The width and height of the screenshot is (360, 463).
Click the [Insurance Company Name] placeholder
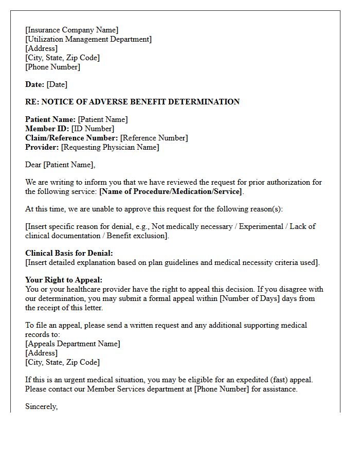pyautogui.click(x=71, y=30)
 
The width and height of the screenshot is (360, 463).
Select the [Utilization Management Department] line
pyautogui.click(x=88, y=39)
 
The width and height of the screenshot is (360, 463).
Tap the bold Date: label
pyautogui.click(x=34, y=84)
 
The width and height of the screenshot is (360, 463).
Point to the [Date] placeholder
pyautogui.click(x=57, y=84)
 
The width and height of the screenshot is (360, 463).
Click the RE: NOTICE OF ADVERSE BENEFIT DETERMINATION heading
pyautogui.click(x=132, y=102)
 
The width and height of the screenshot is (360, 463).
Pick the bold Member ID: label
pyautogui.click(x=47, y=129)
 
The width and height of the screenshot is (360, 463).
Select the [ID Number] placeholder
pyautogui.click(x=93, y=129)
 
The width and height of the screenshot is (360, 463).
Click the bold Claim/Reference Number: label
pyautogui.click(x=71, y=138)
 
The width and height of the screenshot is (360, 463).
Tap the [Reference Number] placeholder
pyautogui.click(x=154, y=138)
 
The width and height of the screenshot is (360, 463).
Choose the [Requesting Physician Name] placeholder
pyautogui.click(x=110, y=147)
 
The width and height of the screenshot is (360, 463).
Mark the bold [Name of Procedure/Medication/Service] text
pyautogui.click(x=170, y=191)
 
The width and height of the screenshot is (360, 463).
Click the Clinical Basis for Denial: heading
pyautogui.click(x=69, y=253)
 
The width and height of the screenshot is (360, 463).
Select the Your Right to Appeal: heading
pyautogui.click(x=64, y=280)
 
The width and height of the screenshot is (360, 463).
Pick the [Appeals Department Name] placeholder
pyautogui.click(x=73, y=344)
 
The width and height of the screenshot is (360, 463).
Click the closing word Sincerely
pyautogui.click(x=41, y=406)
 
